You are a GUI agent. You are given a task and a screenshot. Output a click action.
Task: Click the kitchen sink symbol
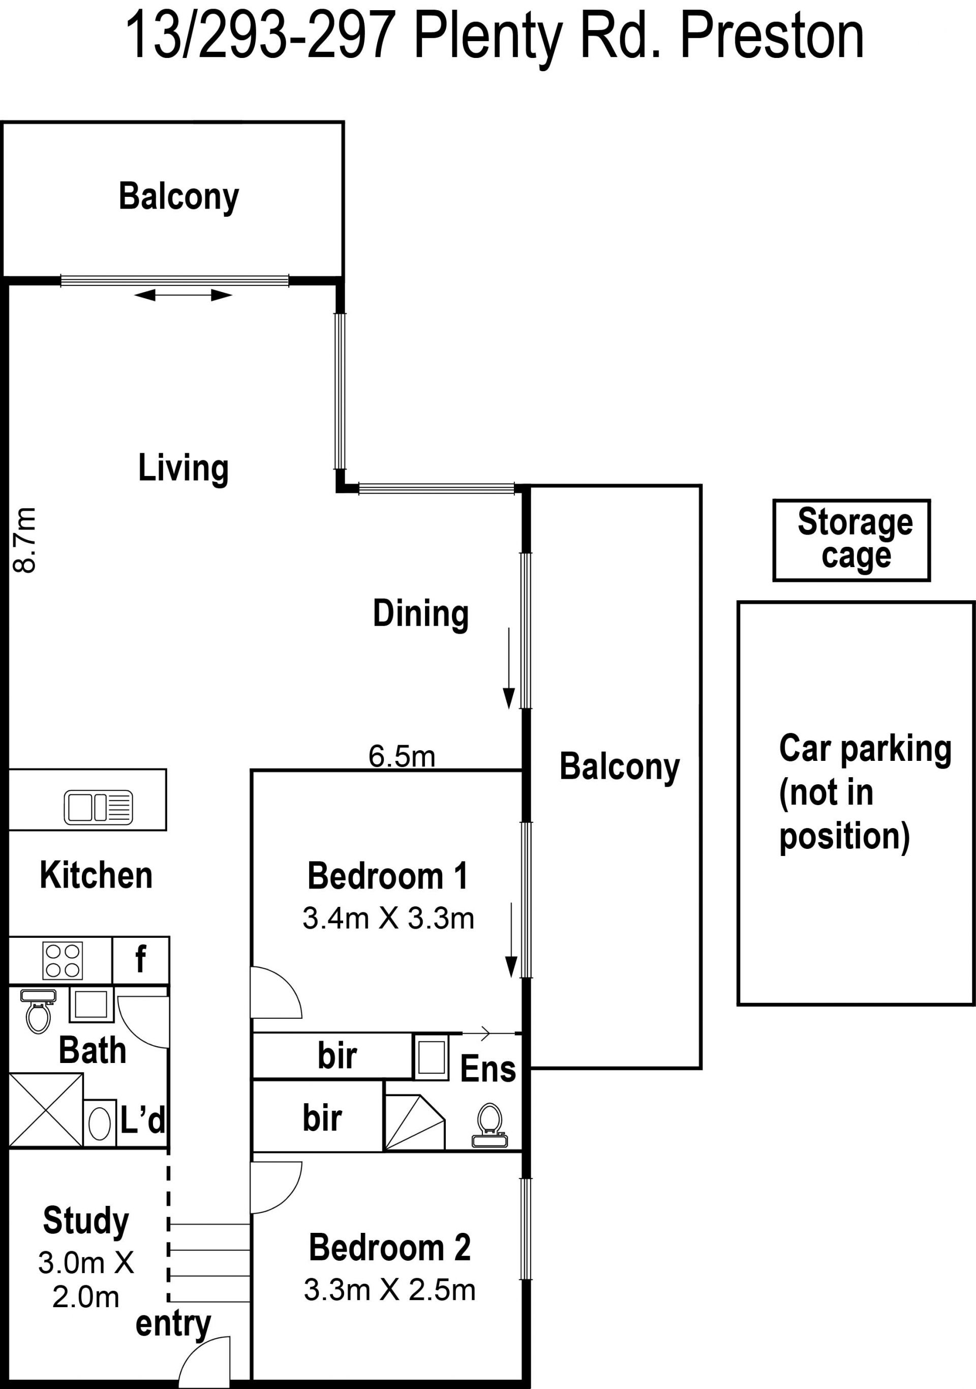coord(98,807)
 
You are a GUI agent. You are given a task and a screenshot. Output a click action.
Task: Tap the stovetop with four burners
coord(63,961)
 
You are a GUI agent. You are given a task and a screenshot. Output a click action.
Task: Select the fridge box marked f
coord(140,960)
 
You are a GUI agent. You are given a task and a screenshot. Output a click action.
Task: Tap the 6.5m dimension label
coord(402,756)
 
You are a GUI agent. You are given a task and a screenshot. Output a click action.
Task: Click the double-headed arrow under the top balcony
coord(182,295)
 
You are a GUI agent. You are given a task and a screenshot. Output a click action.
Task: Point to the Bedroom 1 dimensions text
coord(388,919)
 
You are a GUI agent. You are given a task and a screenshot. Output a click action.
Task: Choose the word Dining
coord(421,614)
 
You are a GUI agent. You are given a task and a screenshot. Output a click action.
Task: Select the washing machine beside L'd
coord(99,1125)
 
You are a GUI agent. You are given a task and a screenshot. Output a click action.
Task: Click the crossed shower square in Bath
coord(46,1110)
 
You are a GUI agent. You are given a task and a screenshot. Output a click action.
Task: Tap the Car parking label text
coord(865,792)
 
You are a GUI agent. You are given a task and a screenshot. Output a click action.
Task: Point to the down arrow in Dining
coord(508,668)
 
